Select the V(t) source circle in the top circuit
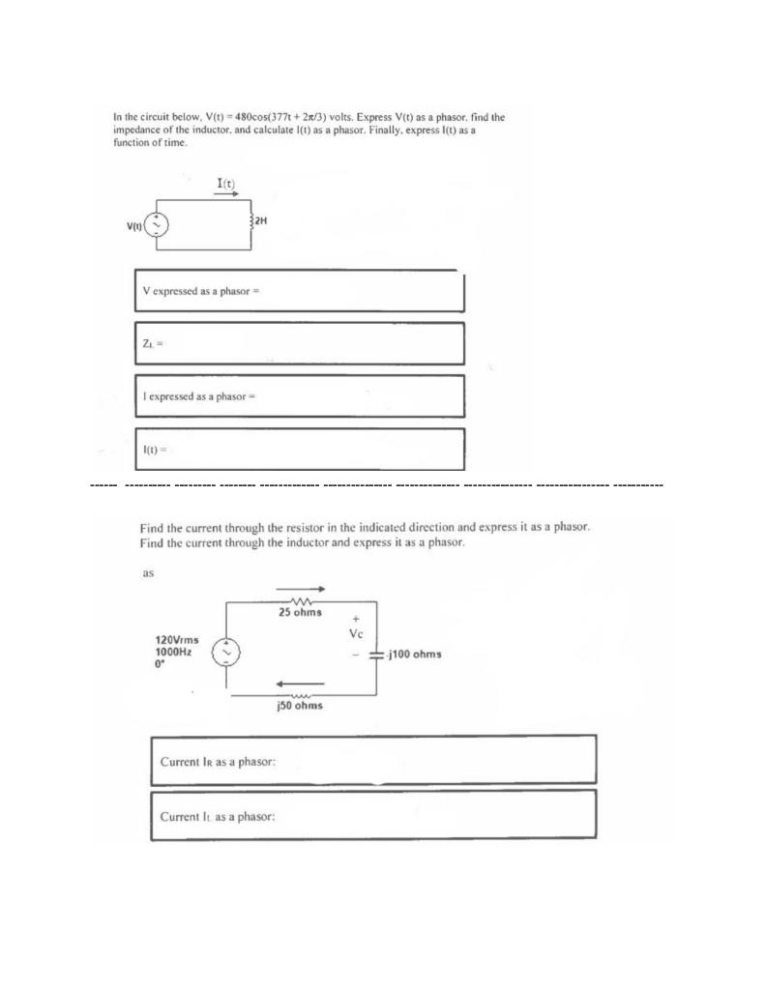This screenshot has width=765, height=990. (157, 225)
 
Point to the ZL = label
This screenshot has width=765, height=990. (150, 343)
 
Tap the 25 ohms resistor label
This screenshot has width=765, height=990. (300, 613)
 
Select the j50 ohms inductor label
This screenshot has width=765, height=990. (299, 707)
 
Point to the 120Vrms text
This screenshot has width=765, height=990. (178, 639)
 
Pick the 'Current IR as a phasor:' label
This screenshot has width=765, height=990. (219, 762)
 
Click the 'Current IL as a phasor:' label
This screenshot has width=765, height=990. (219, 816)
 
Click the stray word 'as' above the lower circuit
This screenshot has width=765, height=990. (149, 572)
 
